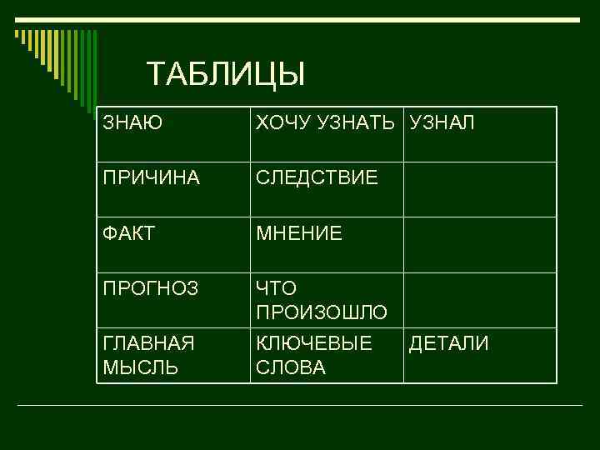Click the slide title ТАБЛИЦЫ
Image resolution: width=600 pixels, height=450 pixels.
click(x=226, y=75)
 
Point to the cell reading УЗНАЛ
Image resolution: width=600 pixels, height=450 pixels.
click(x=442, y=123)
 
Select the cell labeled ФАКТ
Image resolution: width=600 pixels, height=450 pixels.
click(x=128, y=234)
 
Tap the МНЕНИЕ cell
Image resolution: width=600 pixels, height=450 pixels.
click(x=299, y=234)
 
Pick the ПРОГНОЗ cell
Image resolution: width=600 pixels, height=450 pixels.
click(x=151, y=289)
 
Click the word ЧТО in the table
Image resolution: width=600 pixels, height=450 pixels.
click(x=277, y=289)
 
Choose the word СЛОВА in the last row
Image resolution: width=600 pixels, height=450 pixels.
click(x=291, y=367)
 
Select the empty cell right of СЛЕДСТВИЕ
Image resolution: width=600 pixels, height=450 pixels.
click(x=480, y=189)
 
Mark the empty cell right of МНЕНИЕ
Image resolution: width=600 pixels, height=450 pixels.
click(x=480, y=245)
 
